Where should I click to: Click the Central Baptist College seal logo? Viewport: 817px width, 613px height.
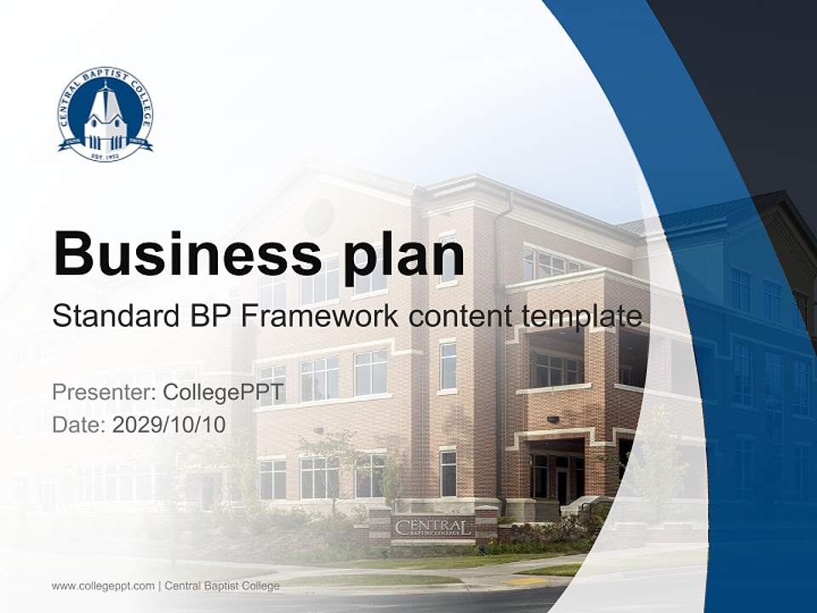106,114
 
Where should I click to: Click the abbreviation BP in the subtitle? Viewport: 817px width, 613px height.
213,316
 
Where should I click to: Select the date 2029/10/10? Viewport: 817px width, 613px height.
169,424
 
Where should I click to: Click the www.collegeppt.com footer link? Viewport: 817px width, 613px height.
103,586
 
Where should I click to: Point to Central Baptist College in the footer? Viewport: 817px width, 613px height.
222,586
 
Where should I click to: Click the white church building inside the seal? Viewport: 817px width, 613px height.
106,119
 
